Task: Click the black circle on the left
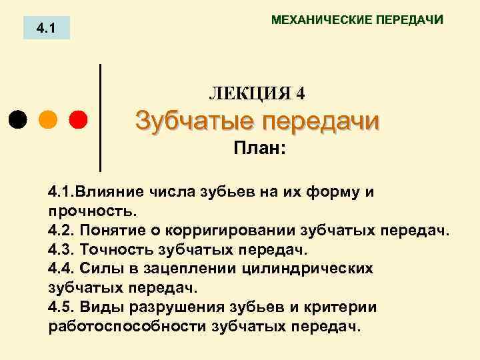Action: [x=18, y=120]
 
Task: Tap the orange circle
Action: [x=48, y=120]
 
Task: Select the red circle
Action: [x=78, y=120]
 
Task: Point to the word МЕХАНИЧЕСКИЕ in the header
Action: [x=313, y=20]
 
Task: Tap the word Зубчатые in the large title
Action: [x=193, y=122]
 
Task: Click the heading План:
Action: [x=259, y=148]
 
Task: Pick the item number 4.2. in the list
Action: [x=63, y=231]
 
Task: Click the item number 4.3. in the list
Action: [x=63, y=250]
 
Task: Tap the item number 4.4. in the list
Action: [x=63, y=269]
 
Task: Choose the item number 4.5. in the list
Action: [x=63, y=307]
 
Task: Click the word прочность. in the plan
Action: [x=92, y=211]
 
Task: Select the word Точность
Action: [x=117, y=250]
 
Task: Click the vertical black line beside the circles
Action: [x=100, y=117]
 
